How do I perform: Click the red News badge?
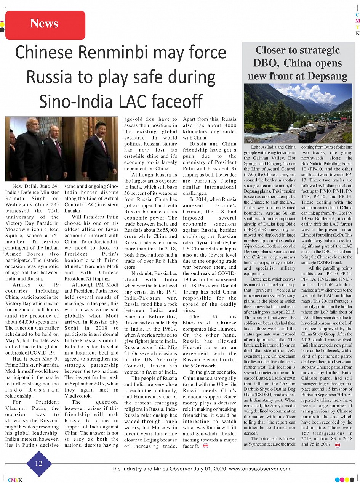[x=45, y=24]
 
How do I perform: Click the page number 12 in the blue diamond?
[x=39, y=463]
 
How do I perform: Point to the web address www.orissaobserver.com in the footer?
[x=259, y=469]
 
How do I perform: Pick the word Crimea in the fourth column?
[x=193, y=212]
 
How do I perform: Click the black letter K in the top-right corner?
[x=357, y=33]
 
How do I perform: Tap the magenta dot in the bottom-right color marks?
[x=342, y=480]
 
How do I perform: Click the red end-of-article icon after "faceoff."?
[x=206, y=446]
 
